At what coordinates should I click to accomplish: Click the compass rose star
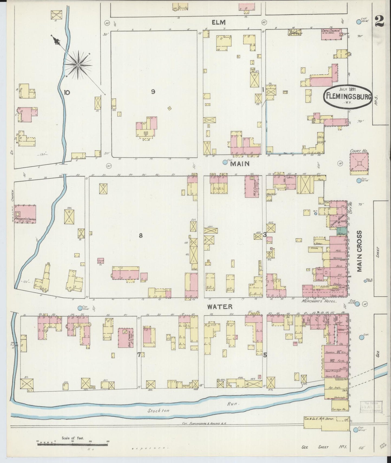coord(78,65)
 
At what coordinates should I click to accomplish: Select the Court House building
coord(359,162)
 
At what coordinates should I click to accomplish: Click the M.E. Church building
coord(252,186)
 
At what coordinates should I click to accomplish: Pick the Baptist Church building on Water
coord(126,338)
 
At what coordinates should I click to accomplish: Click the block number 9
coord(153,92)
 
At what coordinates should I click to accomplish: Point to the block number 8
coord(140,236)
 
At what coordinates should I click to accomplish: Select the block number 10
coord(67,93)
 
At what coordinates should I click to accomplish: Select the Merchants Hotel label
coord(319,301)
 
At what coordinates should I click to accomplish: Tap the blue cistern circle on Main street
coord(225,162)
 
